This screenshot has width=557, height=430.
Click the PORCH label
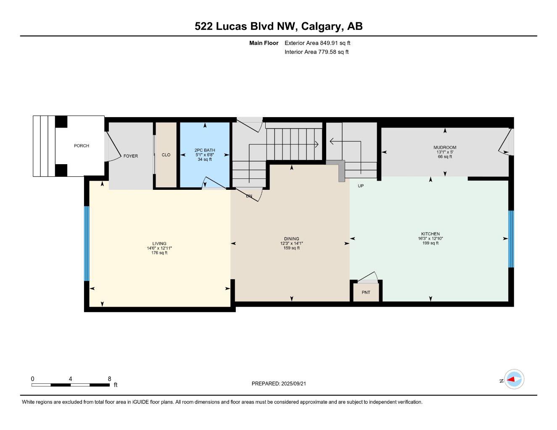(81, 146)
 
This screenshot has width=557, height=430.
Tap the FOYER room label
(130, 156)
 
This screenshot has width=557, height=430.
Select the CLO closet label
(166, 155)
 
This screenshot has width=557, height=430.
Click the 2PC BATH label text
(205, 150)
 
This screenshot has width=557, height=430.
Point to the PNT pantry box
(366, 292)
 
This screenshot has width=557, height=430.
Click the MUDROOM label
(445, 147)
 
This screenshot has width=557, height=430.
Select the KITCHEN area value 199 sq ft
(430, 243)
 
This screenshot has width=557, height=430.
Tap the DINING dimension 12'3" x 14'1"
(291, 243)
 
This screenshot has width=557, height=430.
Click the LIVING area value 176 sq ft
(159, 253)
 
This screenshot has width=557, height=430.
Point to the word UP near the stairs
(361, 186)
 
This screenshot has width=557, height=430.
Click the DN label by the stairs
(249, 196)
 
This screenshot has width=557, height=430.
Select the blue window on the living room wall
(87, 244)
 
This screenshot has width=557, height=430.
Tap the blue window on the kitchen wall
(511, 239)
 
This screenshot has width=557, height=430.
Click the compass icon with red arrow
(514, 380)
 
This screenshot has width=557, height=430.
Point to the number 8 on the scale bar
(109, 378)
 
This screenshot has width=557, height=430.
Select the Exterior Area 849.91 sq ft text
(317, 43)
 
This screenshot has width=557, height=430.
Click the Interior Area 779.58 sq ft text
(317, 52)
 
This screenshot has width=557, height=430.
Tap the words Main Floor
(264, 43)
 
